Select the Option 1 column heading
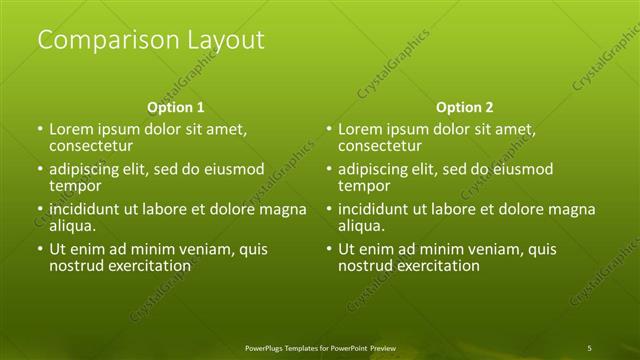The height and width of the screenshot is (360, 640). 176,107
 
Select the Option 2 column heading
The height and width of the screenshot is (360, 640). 465,107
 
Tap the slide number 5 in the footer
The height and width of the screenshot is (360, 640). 589,347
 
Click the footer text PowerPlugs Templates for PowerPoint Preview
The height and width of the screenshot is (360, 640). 320,347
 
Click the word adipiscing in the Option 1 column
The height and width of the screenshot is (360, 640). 87,170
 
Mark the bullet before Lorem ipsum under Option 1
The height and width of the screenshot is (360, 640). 39,130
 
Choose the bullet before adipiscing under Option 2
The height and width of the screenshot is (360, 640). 329,170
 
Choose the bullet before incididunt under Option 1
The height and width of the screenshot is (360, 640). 39,210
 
